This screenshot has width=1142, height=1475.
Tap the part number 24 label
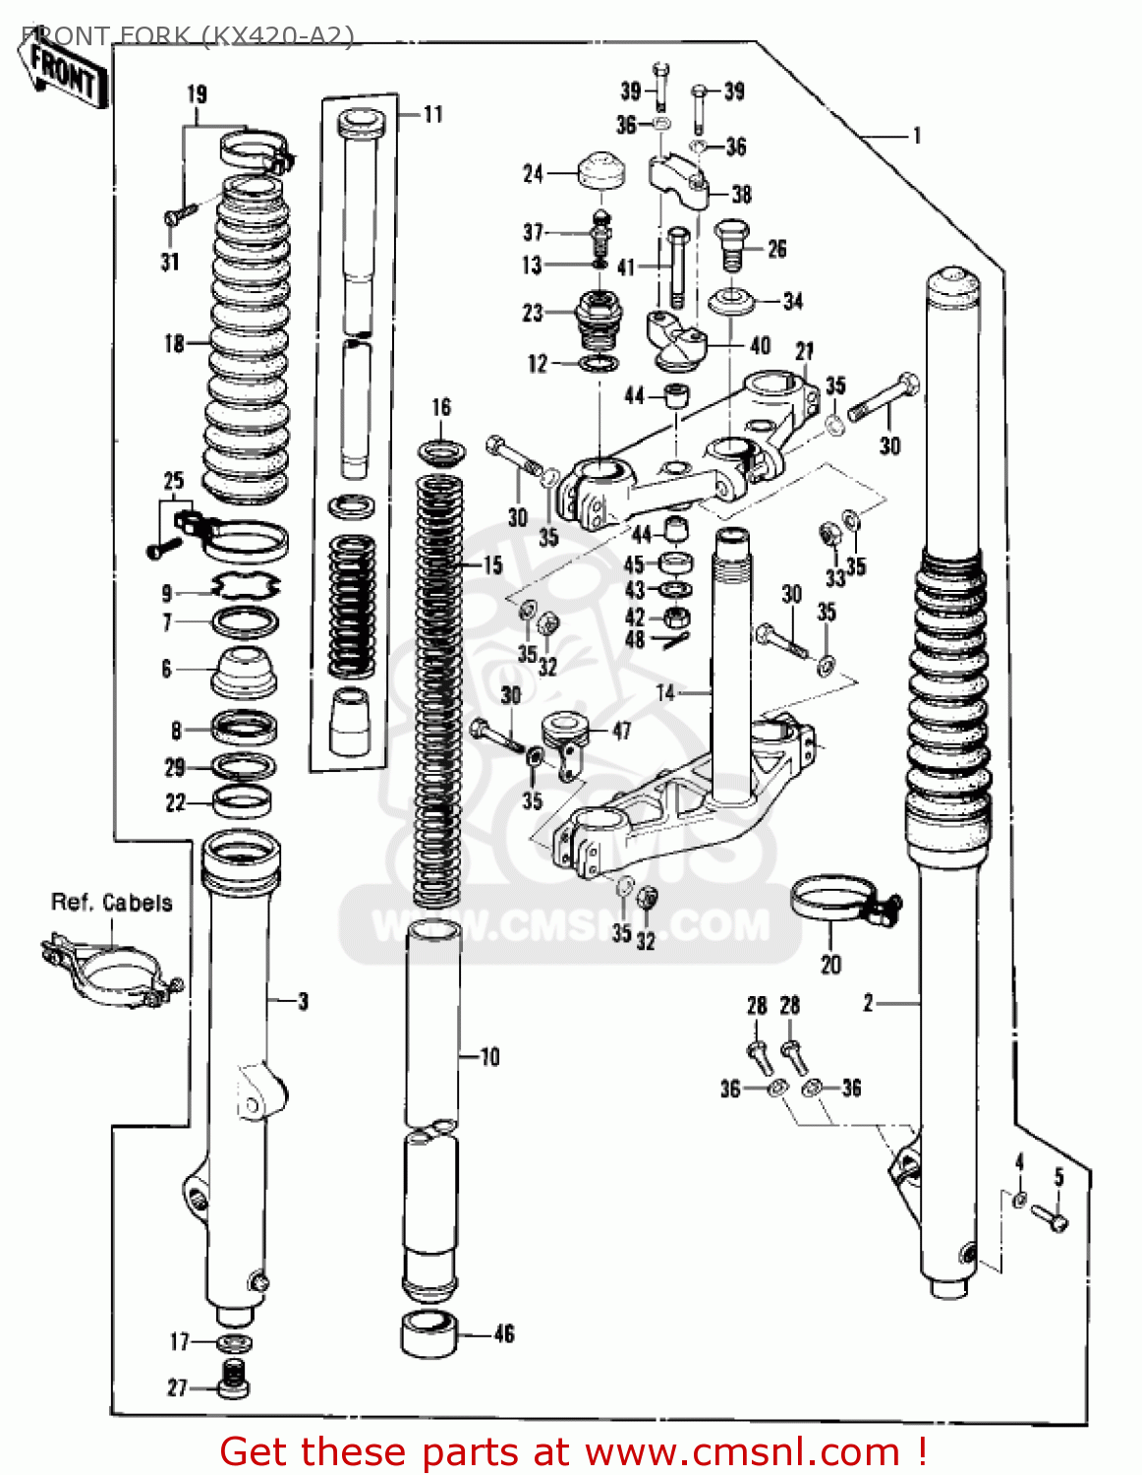tap(533, 174)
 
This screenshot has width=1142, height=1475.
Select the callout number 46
tap(504, 1334)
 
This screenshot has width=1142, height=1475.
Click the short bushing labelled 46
tap(429, 1333)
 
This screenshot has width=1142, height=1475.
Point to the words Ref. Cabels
tap(111, 903)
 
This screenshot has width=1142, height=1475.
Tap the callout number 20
tap(830, 965)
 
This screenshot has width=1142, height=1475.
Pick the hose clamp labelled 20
tap(835, 900)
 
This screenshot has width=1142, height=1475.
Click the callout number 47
tap(621, 731)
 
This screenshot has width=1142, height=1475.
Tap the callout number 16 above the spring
tap(441, 407)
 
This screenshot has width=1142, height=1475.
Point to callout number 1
tap(917, 136)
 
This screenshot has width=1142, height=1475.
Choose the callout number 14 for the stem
tap(665, 693)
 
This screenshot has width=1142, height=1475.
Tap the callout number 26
tap(776, 249)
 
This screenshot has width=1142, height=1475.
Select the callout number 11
tap(432, 115)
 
